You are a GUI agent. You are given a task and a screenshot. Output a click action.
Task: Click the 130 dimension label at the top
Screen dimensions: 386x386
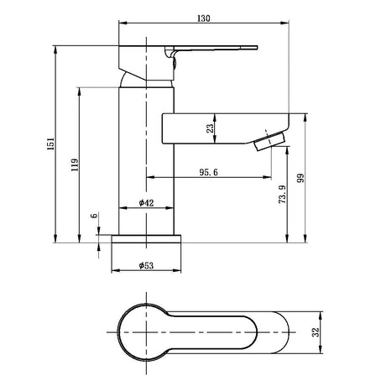click(204, 18)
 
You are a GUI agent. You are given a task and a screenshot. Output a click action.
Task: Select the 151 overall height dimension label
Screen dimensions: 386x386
click(50, 143)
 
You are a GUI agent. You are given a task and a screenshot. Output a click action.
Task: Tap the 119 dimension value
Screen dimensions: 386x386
click(75, 165)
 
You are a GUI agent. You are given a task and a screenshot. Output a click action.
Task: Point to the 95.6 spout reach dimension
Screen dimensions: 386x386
click(209, 172)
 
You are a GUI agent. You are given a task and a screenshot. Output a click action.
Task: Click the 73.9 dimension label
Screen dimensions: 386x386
click(283, 194)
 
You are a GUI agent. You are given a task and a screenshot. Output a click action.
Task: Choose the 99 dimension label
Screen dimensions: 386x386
click(300, 178)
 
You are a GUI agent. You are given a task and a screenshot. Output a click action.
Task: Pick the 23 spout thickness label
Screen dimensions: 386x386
click(210, 128)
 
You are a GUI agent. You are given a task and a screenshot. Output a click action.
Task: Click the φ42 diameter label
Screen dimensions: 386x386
click(146, 203)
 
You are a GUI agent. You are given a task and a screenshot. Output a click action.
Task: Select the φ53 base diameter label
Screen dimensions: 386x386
click(146, 265)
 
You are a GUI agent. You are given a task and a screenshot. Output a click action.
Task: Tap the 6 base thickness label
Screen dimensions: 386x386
click(95, 216)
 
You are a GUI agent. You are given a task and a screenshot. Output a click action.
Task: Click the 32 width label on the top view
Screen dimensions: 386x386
click(316, 332)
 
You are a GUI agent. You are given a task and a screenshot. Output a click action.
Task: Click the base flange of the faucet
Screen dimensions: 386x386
click(146, 239)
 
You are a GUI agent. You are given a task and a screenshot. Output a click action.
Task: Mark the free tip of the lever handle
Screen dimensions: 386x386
click(257, 47)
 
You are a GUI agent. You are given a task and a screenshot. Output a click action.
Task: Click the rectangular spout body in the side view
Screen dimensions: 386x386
click(226, 128)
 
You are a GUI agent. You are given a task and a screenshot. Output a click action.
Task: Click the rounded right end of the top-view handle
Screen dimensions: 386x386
click(289, 332)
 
